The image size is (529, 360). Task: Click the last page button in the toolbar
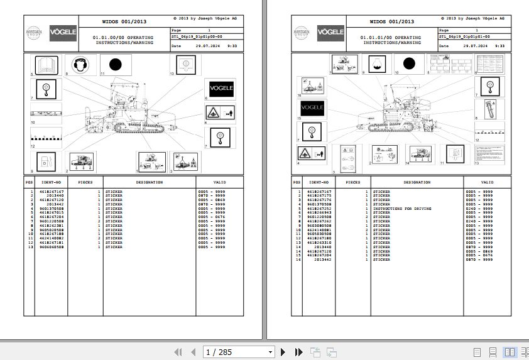point(297,352)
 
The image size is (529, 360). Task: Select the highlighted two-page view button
point(509,352)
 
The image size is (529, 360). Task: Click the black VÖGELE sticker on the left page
point(221,88)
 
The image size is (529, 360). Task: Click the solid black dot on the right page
point(409,63)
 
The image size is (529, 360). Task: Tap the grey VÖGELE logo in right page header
point(330,31)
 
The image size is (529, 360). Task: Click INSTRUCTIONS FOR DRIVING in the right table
point(402,209)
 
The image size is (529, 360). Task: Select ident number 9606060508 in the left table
point(52,248)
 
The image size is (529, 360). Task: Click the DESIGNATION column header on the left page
point(150,182)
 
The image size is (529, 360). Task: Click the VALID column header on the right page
point(487,182)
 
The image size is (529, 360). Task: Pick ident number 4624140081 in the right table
point(318,230)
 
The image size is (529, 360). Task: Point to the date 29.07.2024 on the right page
point(476,46)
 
